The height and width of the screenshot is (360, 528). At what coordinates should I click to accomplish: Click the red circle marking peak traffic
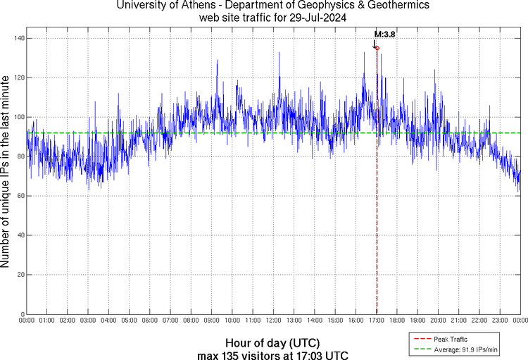[377, 48]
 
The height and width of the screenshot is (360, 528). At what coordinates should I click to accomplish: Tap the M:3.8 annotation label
[384, 34]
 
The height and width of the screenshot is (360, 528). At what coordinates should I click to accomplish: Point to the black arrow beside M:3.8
[374, 44]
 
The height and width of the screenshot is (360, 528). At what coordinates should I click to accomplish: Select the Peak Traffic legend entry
[450, 340]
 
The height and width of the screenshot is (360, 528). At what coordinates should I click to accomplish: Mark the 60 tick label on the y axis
[19, 196]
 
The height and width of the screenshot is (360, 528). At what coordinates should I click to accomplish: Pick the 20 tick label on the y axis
[19, 275]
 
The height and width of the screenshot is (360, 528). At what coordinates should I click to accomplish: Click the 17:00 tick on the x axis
[376, 321]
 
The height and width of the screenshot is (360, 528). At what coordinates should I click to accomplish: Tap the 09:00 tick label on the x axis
[211, 321]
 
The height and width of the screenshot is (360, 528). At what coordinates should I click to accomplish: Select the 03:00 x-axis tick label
[88, 321]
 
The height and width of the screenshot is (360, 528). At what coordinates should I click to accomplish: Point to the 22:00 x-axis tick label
[479, 321]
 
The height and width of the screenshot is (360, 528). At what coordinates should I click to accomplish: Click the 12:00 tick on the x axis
[273, 321]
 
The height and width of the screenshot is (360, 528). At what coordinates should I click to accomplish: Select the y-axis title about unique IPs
[6, 173]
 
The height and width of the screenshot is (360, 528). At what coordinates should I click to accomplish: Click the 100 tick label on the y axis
[17, 117]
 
